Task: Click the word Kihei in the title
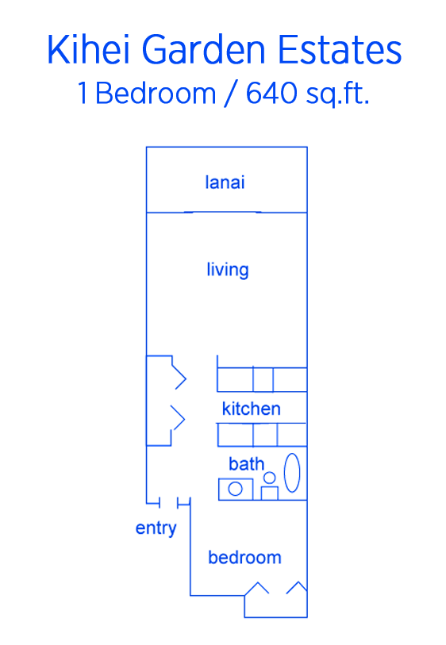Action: point(89,49)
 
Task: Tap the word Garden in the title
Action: point(204,49)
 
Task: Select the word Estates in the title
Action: point(340,49)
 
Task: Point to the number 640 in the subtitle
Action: point(271,93)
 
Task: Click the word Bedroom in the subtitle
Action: point(156,93)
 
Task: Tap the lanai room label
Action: point(225,182)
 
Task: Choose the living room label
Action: point(228,270)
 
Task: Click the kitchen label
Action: point(252,409)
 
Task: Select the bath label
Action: point(247,463)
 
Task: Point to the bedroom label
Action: point(244,558)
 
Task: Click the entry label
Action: point(156,528)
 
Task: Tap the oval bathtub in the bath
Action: point(292,473)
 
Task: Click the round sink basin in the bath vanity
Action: point(235,489)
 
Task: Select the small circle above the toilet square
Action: point(270,478)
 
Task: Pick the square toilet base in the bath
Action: point(270,493)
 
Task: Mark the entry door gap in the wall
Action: point(169,503)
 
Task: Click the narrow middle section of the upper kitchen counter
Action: point(263,379)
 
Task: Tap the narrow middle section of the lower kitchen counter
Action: point(265,435)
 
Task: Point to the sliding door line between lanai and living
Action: point(222,213)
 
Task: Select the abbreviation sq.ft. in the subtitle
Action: point(337,94)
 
